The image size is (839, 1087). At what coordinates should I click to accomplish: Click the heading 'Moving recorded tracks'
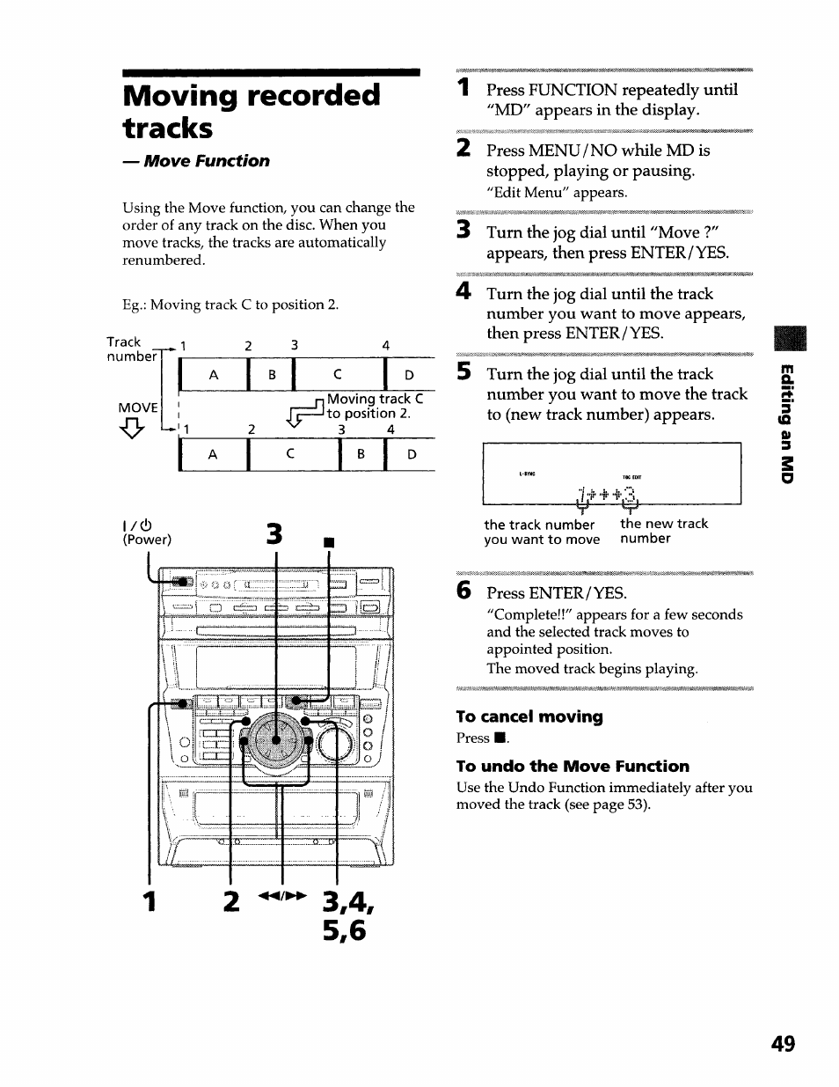252,111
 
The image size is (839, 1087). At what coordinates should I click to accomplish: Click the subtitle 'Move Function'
206,161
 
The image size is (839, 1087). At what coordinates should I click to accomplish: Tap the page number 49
783,1044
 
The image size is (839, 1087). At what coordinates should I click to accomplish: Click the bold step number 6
463,591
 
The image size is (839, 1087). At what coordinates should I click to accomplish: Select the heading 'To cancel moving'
529,716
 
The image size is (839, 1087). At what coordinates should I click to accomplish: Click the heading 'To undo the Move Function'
573,766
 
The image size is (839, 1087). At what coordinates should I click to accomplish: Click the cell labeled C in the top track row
338,375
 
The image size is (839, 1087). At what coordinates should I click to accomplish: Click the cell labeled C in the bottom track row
289,454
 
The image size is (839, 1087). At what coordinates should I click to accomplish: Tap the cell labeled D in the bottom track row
412,454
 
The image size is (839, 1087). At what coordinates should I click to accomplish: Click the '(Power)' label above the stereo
147,540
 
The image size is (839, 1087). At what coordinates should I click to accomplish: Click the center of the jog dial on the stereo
276,740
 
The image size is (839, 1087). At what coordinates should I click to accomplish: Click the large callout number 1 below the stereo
150,901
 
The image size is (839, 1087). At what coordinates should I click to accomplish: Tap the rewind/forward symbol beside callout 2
281,896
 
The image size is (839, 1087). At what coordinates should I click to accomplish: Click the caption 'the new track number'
663,531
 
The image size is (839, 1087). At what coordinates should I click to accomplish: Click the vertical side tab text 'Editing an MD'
787,422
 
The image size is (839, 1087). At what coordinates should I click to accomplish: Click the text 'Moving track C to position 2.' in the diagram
375,406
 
